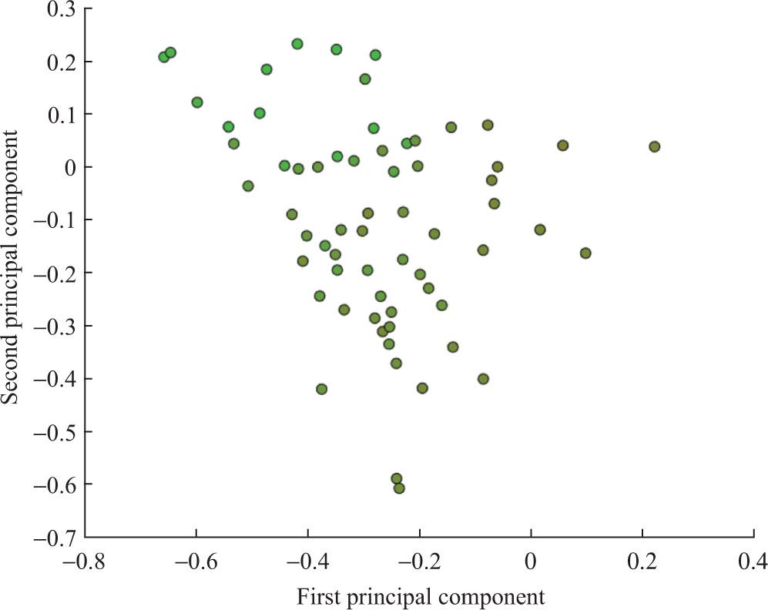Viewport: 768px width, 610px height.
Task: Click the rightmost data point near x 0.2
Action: tap(654, 146)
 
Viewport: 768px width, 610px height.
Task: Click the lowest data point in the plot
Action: tap(399, 488)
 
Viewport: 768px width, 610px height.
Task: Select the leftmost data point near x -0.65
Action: tap(163, 57)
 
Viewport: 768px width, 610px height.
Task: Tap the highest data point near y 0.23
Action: tap(297, 44)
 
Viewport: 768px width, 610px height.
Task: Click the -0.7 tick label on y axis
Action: tap(51, 538)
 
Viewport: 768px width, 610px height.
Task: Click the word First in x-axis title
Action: tap(319, 596)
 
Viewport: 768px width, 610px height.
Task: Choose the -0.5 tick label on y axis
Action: tap(51, 431)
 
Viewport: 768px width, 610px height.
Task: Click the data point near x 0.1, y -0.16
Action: tap(585, 253)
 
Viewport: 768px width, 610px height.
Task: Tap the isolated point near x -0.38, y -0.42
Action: tap(321, 389)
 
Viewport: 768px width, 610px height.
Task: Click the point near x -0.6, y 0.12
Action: tap(197, 102)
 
